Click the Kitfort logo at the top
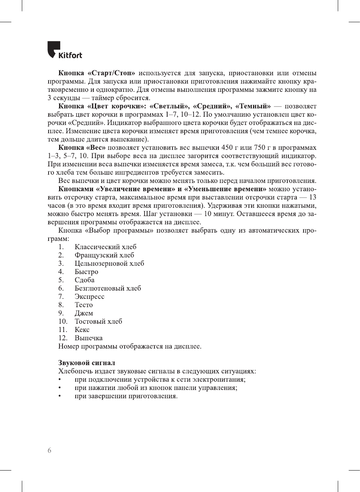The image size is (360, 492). [64, 50]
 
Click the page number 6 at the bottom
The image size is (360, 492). [49, 451]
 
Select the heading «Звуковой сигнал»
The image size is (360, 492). [87, 363]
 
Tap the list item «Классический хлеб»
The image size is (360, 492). [105, 247]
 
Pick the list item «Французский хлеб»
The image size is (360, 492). [104, 255]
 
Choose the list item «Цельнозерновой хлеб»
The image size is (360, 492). [109, 264]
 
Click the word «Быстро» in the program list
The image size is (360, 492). [86, 272]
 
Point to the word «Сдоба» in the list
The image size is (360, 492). [84, 280]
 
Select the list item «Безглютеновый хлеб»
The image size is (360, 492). [108, 288]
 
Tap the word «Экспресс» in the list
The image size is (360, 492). [89, 297]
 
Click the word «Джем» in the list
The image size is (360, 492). [84, 313]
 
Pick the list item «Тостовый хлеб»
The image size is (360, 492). [98, 321]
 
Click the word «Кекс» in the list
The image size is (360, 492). [82, 330]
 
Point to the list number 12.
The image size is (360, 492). [63, 338]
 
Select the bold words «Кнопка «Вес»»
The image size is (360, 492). [82, 148]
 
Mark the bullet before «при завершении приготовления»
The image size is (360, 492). [59, 396]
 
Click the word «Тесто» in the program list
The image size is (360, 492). [84, 305]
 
